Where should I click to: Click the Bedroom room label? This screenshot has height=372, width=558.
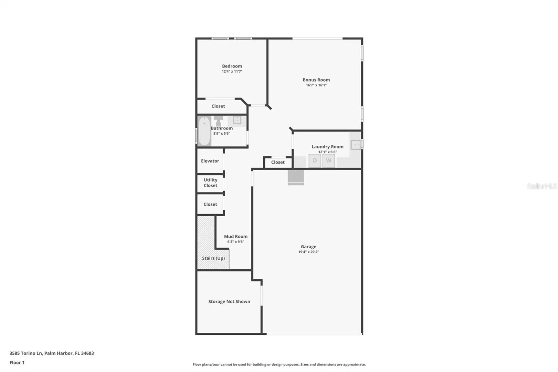coord(232,66)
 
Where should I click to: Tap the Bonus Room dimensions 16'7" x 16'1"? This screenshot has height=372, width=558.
coord(316,85)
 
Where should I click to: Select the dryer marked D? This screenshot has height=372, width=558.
coord(315,161)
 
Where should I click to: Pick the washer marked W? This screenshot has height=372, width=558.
coord(329,161)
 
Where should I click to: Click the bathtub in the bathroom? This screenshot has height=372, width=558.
coord(204,131)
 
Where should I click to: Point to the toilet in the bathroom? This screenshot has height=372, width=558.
coord(219,121)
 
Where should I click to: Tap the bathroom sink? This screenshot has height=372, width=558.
coord(237,120)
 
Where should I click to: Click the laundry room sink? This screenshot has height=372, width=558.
coord(356,145)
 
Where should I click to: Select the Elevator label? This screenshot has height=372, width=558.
coord(210,161)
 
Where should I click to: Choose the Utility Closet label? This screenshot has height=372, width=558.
coord(210,183)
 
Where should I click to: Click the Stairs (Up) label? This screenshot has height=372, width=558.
coord(213,258)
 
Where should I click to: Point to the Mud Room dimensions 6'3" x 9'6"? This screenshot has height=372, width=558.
coord(235,242)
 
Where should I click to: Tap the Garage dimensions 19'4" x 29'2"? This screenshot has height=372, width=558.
coord(308,252)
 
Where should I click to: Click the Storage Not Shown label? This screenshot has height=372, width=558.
coord(229,301)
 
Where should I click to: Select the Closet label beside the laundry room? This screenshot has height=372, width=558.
coord(278,162)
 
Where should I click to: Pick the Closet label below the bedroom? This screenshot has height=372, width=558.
coord(218,106)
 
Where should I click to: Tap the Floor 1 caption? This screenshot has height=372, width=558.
coord(17,362)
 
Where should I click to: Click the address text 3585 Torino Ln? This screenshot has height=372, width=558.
coord(26,353)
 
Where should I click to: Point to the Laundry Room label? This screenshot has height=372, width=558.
coord(327,147)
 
